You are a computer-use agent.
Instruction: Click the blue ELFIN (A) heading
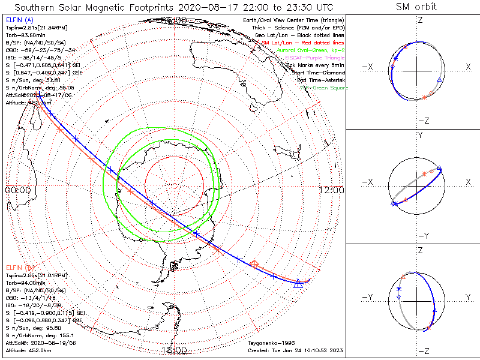pyautogui.click(x=19, y=20)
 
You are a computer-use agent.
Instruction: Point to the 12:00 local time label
pyautogui.click(x=332, y=190)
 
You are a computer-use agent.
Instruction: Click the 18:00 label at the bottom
pyautogui.click(x=174, y=350)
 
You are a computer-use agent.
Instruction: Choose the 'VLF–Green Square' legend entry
pyautogui.click(x=323, y=88)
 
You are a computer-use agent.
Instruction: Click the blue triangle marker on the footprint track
pyautogui.click(x=298, y=283)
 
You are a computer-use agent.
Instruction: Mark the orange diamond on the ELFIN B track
pyautogui.click(x=254, y=263)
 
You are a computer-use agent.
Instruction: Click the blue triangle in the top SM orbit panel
pyautogui.click(x=440, y=79)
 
